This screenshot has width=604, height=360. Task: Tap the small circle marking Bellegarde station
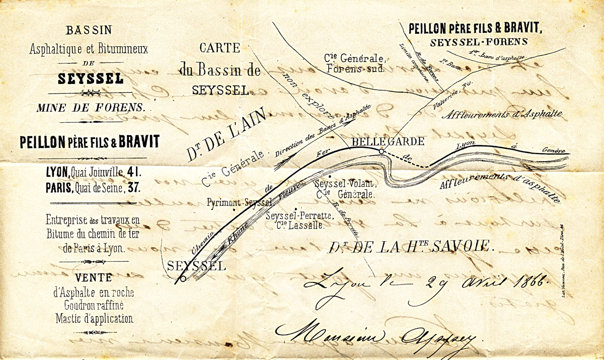click(x=381, y=151)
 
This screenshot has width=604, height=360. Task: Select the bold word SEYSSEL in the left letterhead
click(x=90, y=79)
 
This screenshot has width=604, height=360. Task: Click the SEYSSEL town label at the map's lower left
click(x=196, y=266)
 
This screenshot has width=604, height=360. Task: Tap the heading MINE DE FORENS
click(x=91, y=107)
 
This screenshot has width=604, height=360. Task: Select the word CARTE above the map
click(x=219, y=48)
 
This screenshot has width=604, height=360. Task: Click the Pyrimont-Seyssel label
click(x=240, y=202)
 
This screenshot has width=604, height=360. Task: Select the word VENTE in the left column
click(x=91, y=277)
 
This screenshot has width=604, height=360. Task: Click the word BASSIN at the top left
click(x=90, y=30)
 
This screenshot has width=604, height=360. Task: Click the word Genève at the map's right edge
click(x=553, y=151)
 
